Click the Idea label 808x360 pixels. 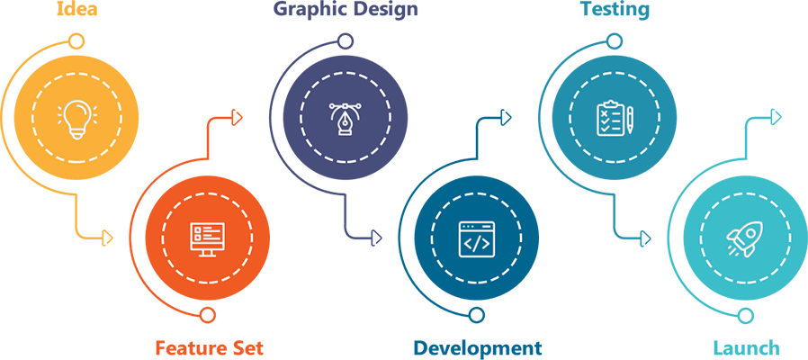[77, 11]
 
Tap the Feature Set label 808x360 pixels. [209, 347]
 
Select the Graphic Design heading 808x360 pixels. [346, 11]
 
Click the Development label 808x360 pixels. [478, 347]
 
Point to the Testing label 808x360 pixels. [615, 11]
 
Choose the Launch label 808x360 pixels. [746, 347]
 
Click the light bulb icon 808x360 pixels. [77, 119]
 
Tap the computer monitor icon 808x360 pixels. [208, 238]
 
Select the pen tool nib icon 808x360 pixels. [345, 119]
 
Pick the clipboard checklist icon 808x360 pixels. [614, 119]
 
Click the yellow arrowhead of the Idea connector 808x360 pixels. [109, 238]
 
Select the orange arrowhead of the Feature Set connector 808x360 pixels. [238, 117]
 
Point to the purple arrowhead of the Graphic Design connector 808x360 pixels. [377, 238]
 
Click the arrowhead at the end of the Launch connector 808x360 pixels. [777, 117]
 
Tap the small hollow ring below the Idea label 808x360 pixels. [77, 41]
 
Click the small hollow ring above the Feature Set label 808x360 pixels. [208, 315]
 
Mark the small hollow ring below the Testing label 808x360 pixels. [614, 41]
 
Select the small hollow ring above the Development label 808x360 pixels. [477, 315]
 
